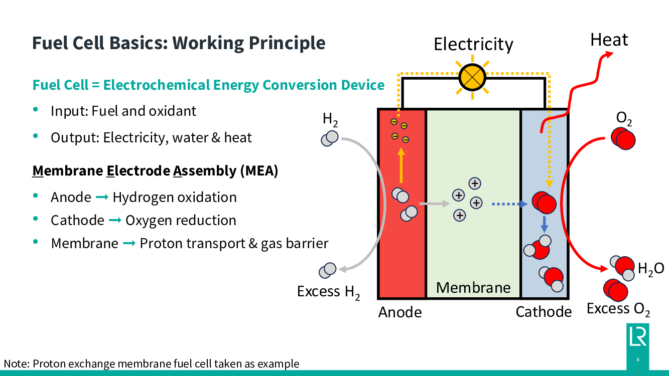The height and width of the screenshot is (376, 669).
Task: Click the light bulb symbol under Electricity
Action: pos(472,78)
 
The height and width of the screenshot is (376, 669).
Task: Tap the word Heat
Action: pos(609,40)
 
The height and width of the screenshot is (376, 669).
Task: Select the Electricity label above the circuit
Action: pos(473,44)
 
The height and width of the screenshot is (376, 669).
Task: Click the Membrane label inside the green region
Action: pos(473,287)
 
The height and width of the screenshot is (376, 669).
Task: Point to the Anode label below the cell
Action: pos(400,312)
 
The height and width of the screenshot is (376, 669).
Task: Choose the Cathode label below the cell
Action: pos(544,312)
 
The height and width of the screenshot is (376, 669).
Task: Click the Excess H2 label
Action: pos(329,292)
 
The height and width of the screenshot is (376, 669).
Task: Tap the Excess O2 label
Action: pos(618,309)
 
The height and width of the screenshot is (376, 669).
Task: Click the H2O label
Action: pos(651,269)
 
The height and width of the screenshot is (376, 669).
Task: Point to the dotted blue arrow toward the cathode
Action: pos(509,204)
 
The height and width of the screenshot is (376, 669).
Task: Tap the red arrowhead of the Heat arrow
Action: pos(609,54)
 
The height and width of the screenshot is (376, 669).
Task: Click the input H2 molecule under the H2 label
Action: pos(330,138)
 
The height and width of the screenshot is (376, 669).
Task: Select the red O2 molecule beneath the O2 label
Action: pos(623,137)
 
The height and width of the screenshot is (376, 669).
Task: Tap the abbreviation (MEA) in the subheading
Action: pos(259,171)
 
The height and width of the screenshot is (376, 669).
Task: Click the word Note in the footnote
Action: pos(15,364)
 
